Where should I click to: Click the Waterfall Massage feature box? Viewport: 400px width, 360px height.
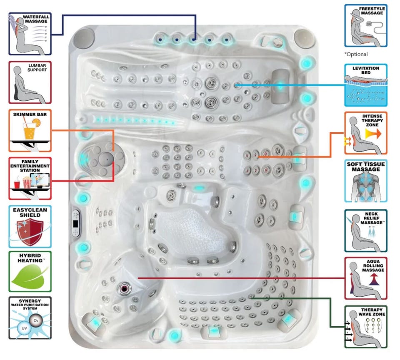pos(30,34)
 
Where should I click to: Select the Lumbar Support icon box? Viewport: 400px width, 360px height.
pos(30,82)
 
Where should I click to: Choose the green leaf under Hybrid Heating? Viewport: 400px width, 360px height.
pos(29,276)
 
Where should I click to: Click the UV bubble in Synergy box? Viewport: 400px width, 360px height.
pos(24,328)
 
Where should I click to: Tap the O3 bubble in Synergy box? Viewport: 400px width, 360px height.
pos(36,321)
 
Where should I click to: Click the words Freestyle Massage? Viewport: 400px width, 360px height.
pos(372,11)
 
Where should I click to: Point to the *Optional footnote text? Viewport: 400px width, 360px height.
pos(356,54)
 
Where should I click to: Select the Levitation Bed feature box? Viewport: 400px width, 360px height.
pos(366,85)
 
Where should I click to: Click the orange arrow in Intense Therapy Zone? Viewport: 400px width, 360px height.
pos(373,134)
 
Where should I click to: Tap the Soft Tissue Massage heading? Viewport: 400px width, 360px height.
pos(366,166)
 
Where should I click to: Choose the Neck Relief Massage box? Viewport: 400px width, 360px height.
pos(366,231)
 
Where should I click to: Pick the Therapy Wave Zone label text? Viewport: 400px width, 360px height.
pos(372,312)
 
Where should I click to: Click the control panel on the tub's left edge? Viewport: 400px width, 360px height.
pos(76,223)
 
